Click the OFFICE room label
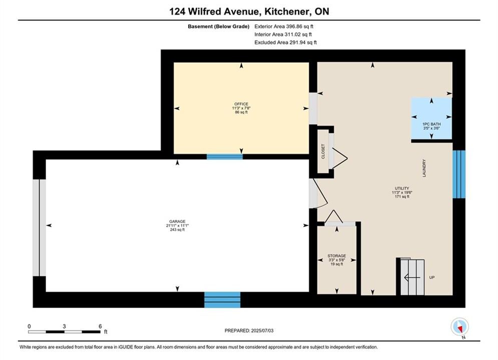tap(241, 104)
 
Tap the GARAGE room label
tap(177, 221)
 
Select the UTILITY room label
tap(402, 188)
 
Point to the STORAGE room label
tap(337, 255)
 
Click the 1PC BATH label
tap(431, 124)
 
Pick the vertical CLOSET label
tap(323, 151)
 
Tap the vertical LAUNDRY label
tap(424, 168)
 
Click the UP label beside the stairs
tap(432, 277)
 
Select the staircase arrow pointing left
tap(412, 278)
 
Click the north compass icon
tap(459, 326)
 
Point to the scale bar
tap(64, 332)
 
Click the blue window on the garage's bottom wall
tap(222, 299)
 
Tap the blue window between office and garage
tap(225, 156)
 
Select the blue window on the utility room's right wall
tap(459, 174)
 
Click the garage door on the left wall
tap(40, 227)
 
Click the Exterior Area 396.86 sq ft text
tap(284, 26)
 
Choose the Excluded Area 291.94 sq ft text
tap(285, 42)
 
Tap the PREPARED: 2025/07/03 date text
tap(249, 330)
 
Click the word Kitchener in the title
tap(287, 11)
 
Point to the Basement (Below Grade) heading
tap(219, 26)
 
